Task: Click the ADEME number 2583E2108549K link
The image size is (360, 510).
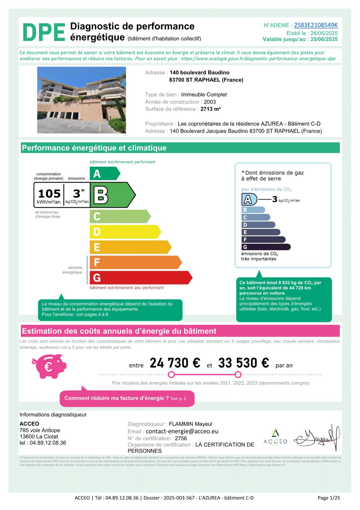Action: pos(316,25)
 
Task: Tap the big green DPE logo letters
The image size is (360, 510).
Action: pos(44,32)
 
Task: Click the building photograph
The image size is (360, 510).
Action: pos(81,100)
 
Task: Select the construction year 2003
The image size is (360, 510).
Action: pos(210,102)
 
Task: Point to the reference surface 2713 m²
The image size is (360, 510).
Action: pos(210,109)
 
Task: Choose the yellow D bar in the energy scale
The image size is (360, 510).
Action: pos(124,232)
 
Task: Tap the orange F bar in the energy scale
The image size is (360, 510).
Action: pos(134,262)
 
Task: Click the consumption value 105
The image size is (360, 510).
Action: pos(49,194)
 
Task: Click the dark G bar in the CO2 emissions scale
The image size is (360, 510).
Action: pos(265,247)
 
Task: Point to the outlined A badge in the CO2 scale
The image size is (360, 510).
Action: pos(249,199)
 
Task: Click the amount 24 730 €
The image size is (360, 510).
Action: pos(175,363)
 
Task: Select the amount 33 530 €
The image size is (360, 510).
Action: pos(244,363)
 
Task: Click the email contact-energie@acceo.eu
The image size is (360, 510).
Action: pos(182,431)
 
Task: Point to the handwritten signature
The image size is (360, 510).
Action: pos(317,438)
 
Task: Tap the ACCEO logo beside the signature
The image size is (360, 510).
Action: pos(275,438)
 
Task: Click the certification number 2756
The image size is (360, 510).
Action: pos(181,438)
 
